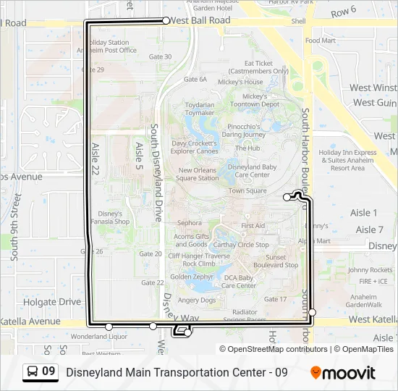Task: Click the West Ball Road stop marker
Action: pyautogui.click(x=166, y=21)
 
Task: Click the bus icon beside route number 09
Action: pyautogui.click(x=33, y=372)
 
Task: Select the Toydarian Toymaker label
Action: pyautogui.click(x=200, y=109)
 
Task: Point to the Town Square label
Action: pyautogui.click(x=247, y=191)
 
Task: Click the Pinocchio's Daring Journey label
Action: pyautogui.click(x=244, y=130)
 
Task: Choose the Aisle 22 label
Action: pyautogui.click(x=95, y=159)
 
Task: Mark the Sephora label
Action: pyautogui.click(x=190, y=223)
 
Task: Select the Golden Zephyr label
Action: pyautogui.click(x=192, y=277)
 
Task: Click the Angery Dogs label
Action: pyautogui.click(x=198, y=300)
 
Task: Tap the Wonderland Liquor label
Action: pyautogui.click(x=99, y=337)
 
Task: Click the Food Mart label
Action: pyautogui.click(x=320, y=41)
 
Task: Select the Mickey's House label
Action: pyautogui.click(x=240, y=82)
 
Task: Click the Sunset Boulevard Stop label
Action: pyautogui.click(x=271, y=261)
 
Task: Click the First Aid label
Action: pyautogui.click(x=253, y=226)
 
